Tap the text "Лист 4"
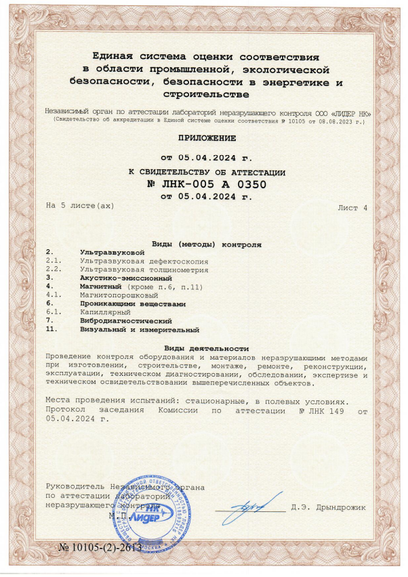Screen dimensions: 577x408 352,208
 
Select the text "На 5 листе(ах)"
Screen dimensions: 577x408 80,205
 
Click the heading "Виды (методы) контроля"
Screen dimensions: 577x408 205,243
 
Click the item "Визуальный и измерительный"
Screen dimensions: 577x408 139,330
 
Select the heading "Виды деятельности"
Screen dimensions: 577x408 206,347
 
